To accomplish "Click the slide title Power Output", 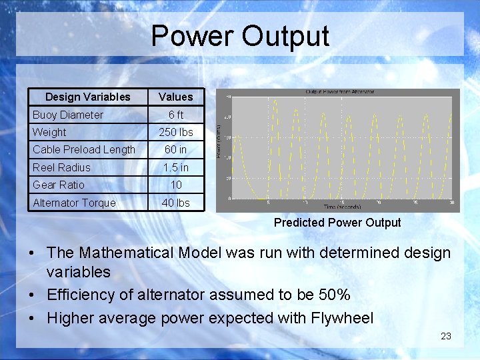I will pyautogui.click(x=240, y=36).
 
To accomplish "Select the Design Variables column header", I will pyautogui.click(x=87, y=97).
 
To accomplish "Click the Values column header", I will pyautogui.click(x=175, y=97).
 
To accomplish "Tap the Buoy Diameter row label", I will pyautogui.click(x=68, y=115).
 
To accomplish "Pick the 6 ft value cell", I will pyautogui.click(x=175, y=115).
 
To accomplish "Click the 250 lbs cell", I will pyautogui.click(x=175, y=132).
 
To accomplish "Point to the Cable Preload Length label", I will pyautogui.click(x=84, y=149).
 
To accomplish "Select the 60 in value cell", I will pyautogui.click(x=175, y=149).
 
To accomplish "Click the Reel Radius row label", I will pyautogui.click(x=61, y=167).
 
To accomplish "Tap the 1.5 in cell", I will pyautogui.click(x=175, y=167).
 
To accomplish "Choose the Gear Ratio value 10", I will pyautogui.click(x=175, y=185).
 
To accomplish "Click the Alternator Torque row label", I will pyautogui.click(x=74, y=203).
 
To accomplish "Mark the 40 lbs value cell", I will pyautogui.click(x=175, y=203).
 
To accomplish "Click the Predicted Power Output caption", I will pyautogui.click(x=337, y=223).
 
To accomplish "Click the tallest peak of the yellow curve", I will pyautogui.click(x=275, y=100).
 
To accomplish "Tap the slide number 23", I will pyautogui.click(x=446, y=336).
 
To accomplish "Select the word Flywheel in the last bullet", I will pyautogui.click(x=342, y=317).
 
